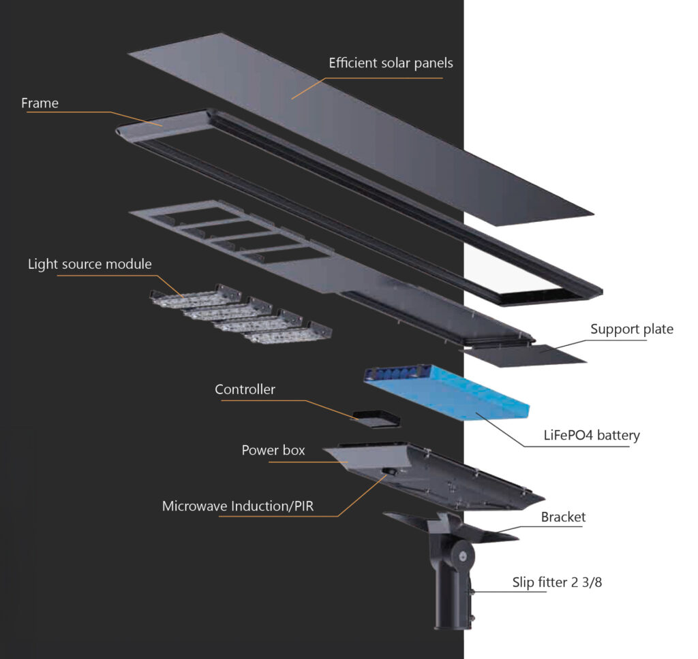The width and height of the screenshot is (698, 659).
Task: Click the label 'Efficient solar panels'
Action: click(x=391, y=63)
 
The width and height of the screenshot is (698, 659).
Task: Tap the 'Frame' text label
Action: click(x=40, y=103)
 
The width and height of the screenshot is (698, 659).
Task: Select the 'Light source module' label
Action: click(x=90, y=264)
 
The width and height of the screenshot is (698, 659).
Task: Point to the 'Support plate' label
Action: click(x=632, y=329)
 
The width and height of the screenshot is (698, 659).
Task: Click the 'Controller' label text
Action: click(x=245, y=389)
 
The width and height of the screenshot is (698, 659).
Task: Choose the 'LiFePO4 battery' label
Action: click(x=592, y=435)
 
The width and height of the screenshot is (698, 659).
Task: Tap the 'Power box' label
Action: click(x=273, y=450)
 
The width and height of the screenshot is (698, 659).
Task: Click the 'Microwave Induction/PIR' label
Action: click(x=238, y=506)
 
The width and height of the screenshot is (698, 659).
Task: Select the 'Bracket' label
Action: click(x=563, y=517)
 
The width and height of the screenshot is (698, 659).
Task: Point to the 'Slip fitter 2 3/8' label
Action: click(x=557, y=582)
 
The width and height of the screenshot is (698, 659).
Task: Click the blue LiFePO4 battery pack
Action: click(x=447, y=391)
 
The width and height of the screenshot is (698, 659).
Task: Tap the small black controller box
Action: click(x=376, y=419)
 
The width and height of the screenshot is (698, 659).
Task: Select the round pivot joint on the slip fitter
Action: click(x=463, y=555)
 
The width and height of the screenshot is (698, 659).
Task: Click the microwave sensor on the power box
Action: click(x=389, y=472)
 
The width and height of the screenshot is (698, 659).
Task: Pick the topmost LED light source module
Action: click(x=196, y=295)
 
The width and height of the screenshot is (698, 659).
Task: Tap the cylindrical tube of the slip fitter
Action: click(x=453, y=598)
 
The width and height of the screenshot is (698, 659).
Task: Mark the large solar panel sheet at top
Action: click(x=361, y=129)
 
